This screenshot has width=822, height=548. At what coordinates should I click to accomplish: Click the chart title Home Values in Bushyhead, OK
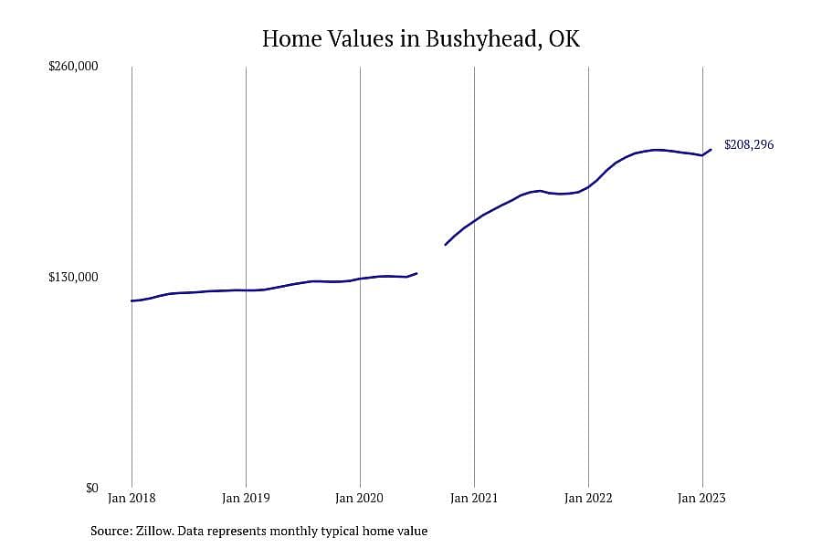(421, 39)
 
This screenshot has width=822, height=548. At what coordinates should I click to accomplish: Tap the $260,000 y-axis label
(73, 66)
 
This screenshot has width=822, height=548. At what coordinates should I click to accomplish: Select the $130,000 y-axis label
(73, 277)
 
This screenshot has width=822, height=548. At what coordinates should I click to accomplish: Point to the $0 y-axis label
(91, 488)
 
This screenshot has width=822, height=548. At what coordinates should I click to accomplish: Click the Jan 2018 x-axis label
(132, 498)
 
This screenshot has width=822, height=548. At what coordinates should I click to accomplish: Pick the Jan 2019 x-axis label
(246, 498)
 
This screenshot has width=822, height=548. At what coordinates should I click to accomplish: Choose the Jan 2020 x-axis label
(360, 498)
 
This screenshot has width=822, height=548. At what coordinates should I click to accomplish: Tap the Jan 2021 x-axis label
(474, 498)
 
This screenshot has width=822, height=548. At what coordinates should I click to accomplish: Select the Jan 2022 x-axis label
(588, 498)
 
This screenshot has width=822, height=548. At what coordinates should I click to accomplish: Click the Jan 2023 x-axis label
(702, 498)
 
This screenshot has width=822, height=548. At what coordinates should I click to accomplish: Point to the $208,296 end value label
(749, 144)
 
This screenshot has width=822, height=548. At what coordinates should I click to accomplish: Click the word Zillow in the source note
(154, 531)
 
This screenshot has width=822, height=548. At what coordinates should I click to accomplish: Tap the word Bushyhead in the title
(483, 39)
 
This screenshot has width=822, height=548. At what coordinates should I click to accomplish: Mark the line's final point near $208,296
(711, 150)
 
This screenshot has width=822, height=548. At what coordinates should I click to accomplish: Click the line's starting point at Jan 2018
(132, 301)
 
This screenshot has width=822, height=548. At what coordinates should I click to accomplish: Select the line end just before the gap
(416, 273)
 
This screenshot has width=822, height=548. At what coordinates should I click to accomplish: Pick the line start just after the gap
(445, 245)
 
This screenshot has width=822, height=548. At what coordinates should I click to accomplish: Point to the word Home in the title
(292, 39)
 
